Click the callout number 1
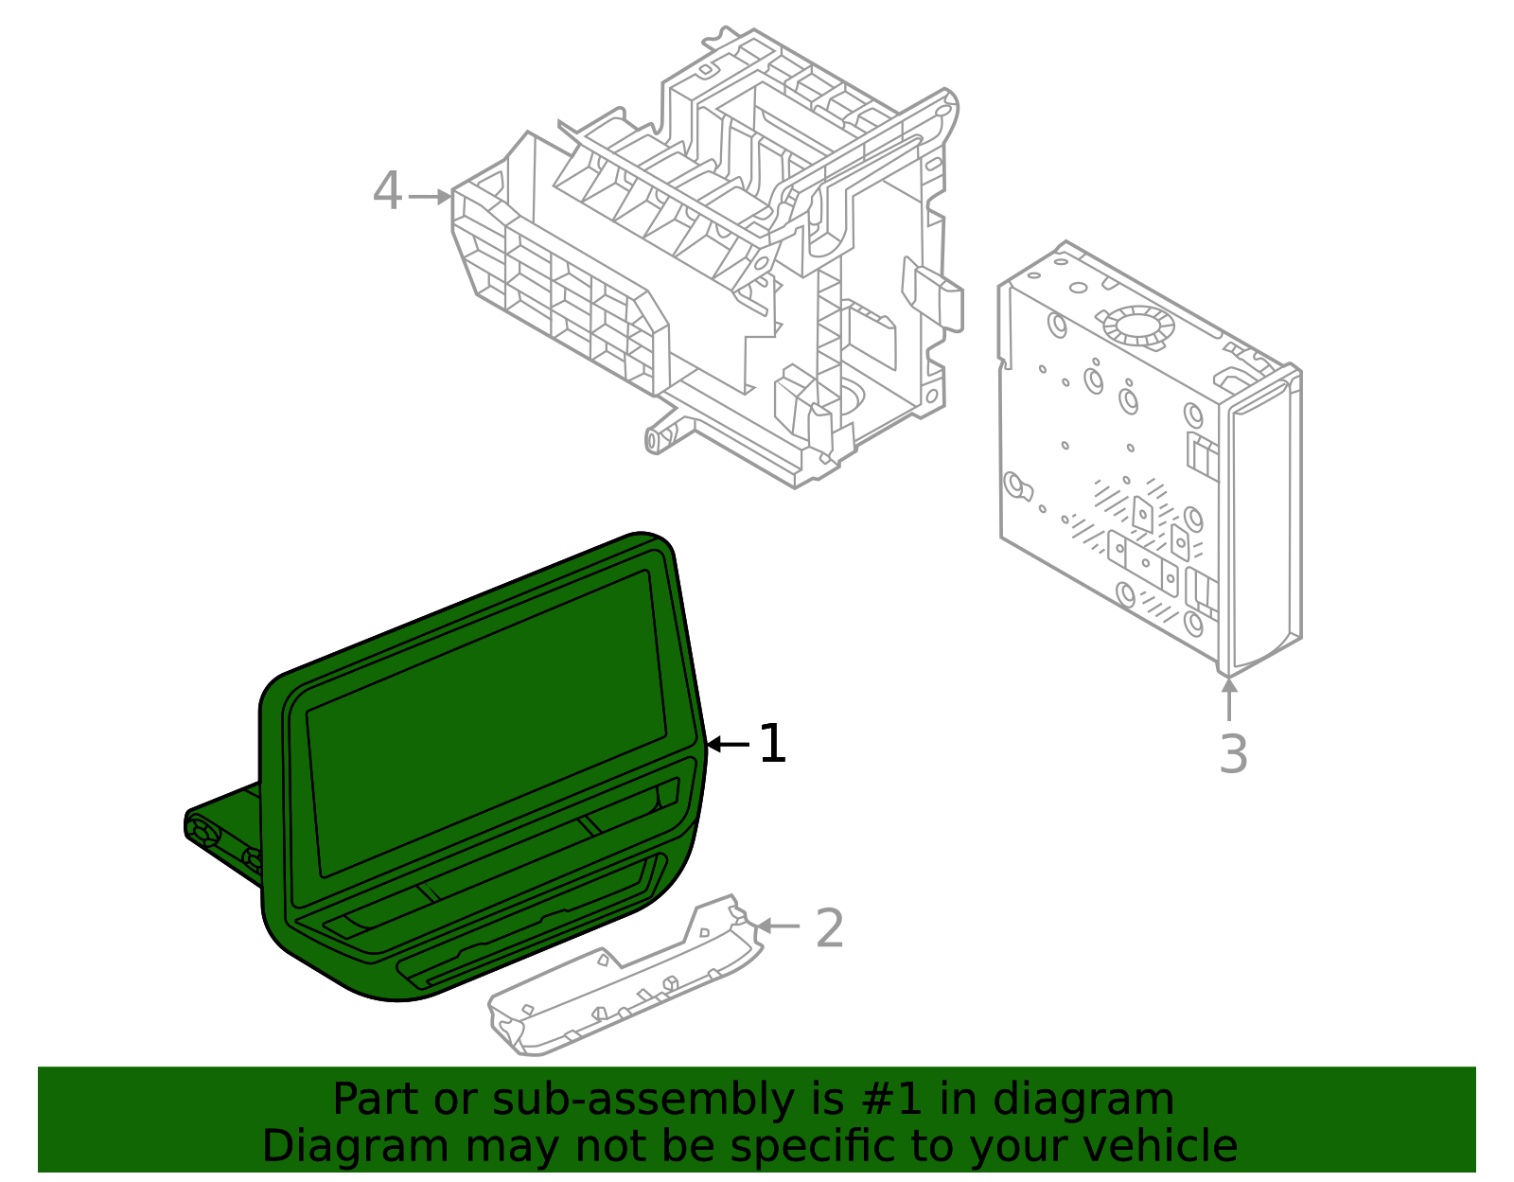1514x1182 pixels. point(772,744)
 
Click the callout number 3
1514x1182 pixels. point(1233,754)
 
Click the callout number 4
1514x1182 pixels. point(387,192)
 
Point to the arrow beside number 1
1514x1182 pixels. point(729,745)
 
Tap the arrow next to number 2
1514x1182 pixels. point(778,926)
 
